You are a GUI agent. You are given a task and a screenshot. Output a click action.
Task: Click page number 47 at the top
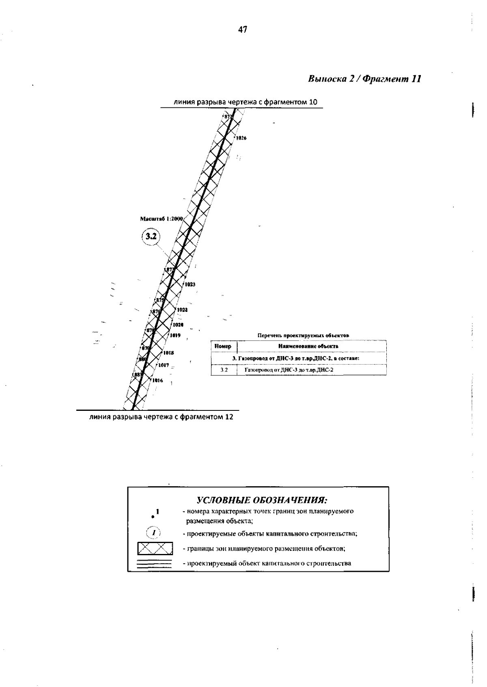[x=243, y=30]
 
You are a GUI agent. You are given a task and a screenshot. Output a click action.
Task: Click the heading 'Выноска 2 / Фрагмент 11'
[x=364, y=79]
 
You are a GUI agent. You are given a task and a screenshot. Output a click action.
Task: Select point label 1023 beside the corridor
[x=190, y=284]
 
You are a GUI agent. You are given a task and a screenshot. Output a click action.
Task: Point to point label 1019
[x=175, y=335]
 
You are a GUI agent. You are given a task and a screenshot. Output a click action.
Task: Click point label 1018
[x=169, y=353]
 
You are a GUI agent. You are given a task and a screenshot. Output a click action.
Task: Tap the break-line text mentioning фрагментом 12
[x=161, y=417]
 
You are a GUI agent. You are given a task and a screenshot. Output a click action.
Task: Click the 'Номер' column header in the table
[x=223, y=346]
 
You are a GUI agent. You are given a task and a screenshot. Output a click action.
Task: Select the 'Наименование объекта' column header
[x=308, y=346]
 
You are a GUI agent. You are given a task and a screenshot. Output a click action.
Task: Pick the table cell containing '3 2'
[x=224, y=370]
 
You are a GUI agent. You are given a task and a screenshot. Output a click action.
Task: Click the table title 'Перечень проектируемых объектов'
[x=303, y=335]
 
